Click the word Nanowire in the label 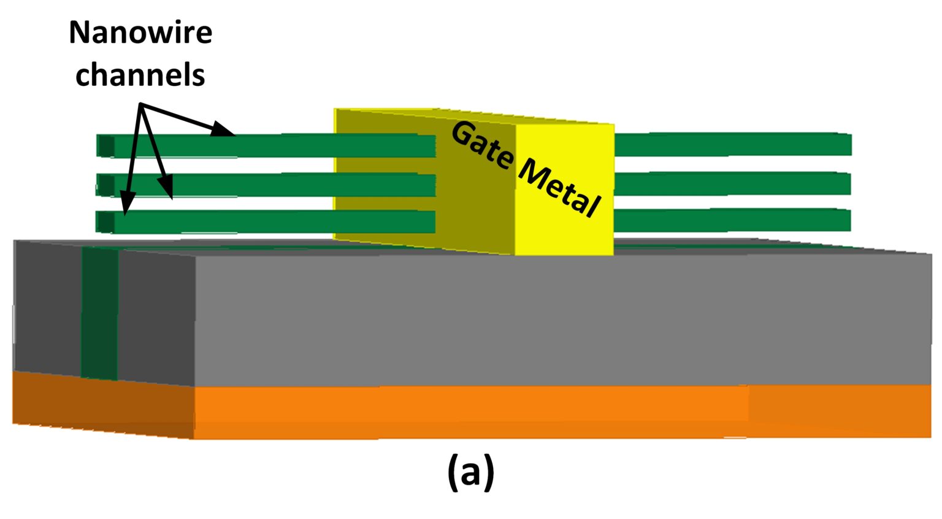coord(140,33)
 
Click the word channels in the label coord(140,75)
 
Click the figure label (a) coord(470,472)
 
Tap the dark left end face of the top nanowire coord(105,146)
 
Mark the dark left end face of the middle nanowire coord(105,185)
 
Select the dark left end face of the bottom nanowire coord(105,221)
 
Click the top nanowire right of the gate coord(733,144)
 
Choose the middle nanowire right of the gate coord(733,183)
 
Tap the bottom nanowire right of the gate coord(733,220)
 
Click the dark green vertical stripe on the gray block coord(99,313)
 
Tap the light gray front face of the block coord(552,319)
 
